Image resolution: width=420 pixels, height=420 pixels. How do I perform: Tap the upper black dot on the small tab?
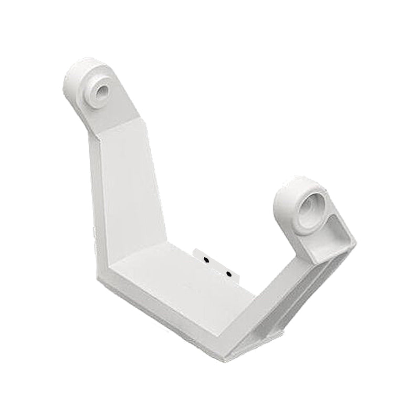206,260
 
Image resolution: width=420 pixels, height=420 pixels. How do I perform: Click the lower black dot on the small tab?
229,274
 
